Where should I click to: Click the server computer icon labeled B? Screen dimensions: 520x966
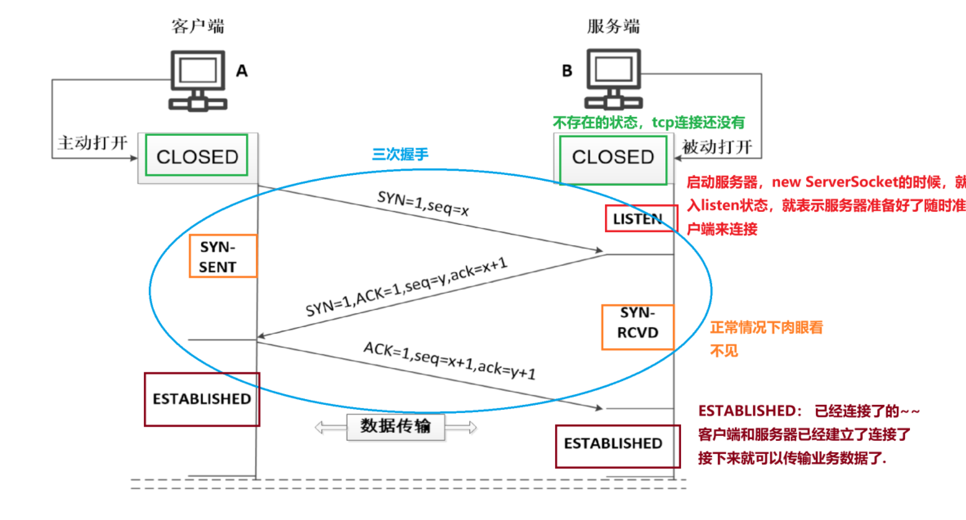click(x=613, y=80)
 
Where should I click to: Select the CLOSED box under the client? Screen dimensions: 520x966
click(x=197, y=156)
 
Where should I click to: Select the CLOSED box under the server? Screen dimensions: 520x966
click(x=613, y=157)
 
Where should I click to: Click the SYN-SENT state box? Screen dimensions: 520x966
click(x=222, y=257)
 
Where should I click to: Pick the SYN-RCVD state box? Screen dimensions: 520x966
click(x=637, y=327)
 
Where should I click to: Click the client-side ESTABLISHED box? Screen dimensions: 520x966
click(x=202, y=399)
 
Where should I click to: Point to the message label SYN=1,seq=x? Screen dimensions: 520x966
click(x=423, y=204)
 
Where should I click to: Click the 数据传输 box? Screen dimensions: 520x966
click(x=396, y=427)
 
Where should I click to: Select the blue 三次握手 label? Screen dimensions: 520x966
click(x=400, y=154)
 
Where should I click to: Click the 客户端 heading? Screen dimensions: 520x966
click(x=198, y=26)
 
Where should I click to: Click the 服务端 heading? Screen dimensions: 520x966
click(x=613, y=26)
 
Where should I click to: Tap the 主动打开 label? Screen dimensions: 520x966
click(x=93, y=143)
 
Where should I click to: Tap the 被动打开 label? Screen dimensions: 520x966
click(x=717, y=147)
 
